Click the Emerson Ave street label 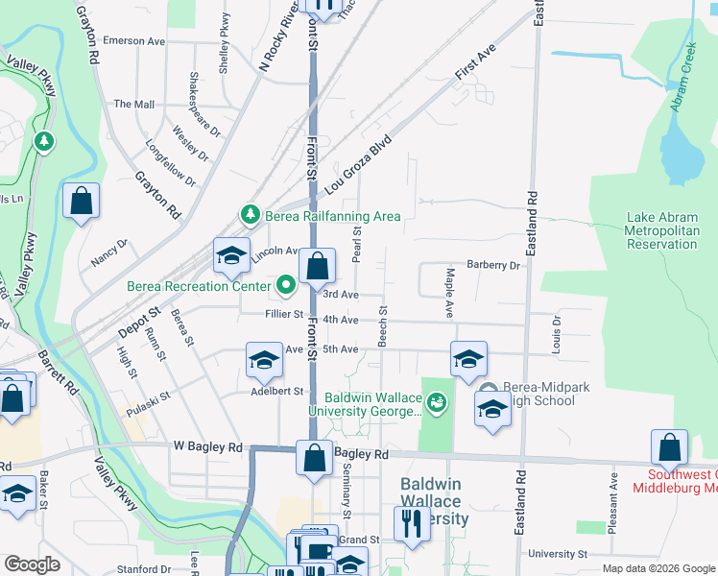coord(135,41)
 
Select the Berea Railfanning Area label coord(332,216)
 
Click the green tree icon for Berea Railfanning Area coord(250,214)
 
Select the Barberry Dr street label coord(492,265)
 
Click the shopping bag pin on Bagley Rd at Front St coord(315,458)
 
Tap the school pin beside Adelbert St coord(264,361)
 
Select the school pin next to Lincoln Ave coord(231,255)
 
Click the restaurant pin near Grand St coord(412,524)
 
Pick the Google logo coord(32,564)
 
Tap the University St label coord(557,554)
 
